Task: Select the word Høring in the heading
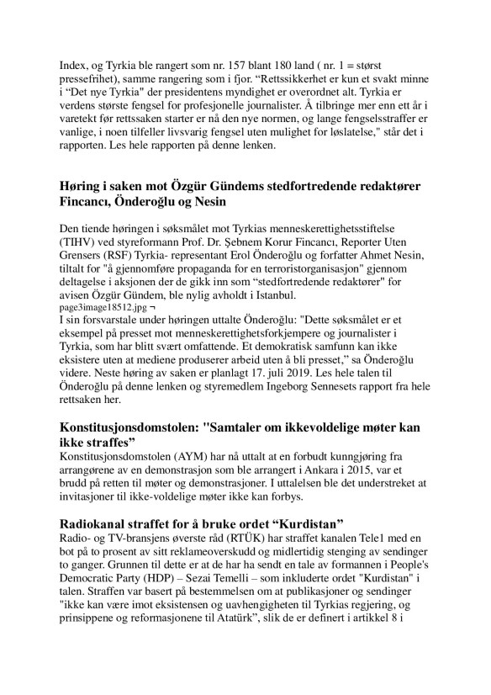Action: coord(87,185)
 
